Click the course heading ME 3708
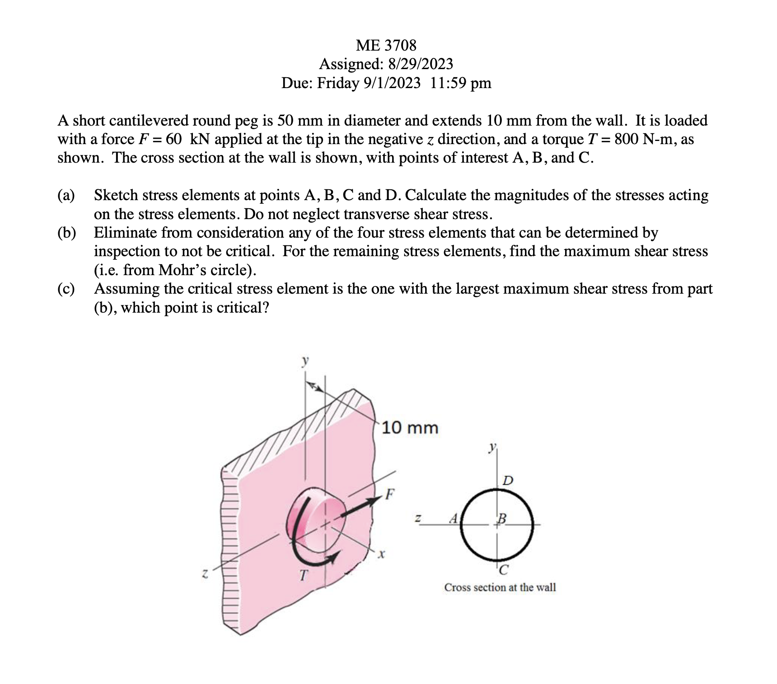click(x=386, y=45)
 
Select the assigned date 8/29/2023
click(x=420, y=64)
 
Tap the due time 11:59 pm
click(x=460, y=83)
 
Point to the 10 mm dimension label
click(x=410, y=428)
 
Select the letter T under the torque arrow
click(x=303, y=575)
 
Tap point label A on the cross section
click(x=454, y=518)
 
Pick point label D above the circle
click(x=508, y=480)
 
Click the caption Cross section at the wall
click(x=500, y=587)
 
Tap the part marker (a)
click(x=66, y=195)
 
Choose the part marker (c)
click(x=66, y=289)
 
